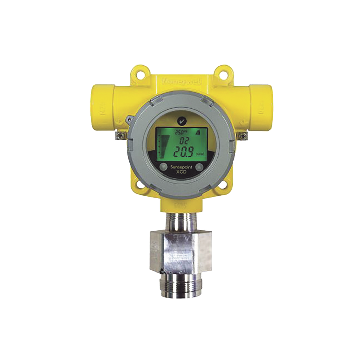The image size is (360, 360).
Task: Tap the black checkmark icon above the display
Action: [x=181, y=121]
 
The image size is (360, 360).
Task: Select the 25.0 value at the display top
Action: [x=180, y=132]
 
